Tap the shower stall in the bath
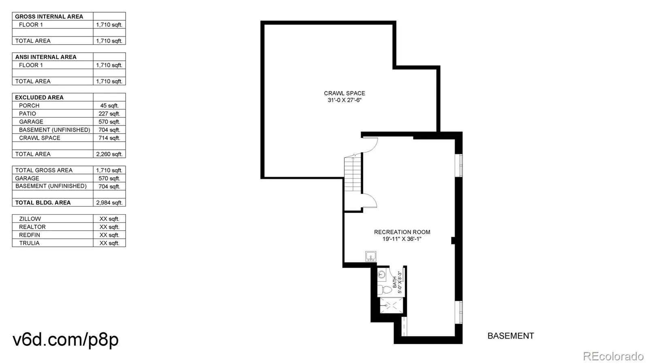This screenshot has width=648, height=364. [x=391, y=305]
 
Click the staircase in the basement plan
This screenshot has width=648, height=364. [x=353, y=174]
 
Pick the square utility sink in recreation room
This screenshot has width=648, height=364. [x=371, y=256]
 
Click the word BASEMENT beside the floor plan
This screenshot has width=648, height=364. [x=511, y=336]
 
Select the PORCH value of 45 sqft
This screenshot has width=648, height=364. [x=109, y=106]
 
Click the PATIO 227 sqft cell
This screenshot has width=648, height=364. [x=109, y=114]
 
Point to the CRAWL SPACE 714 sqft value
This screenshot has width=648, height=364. [x=109, y=138]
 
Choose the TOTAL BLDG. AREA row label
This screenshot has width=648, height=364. [x=43, y=203]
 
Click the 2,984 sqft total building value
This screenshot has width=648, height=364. [x=109, y=203]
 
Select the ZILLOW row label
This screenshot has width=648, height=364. [x=30, y=219]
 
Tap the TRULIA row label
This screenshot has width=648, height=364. [x=29, y=243]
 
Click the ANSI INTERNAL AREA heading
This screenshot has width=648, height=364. [x=46, y=57]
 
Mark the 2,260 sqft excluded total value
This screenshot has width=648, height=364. [x=109, y=154]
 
